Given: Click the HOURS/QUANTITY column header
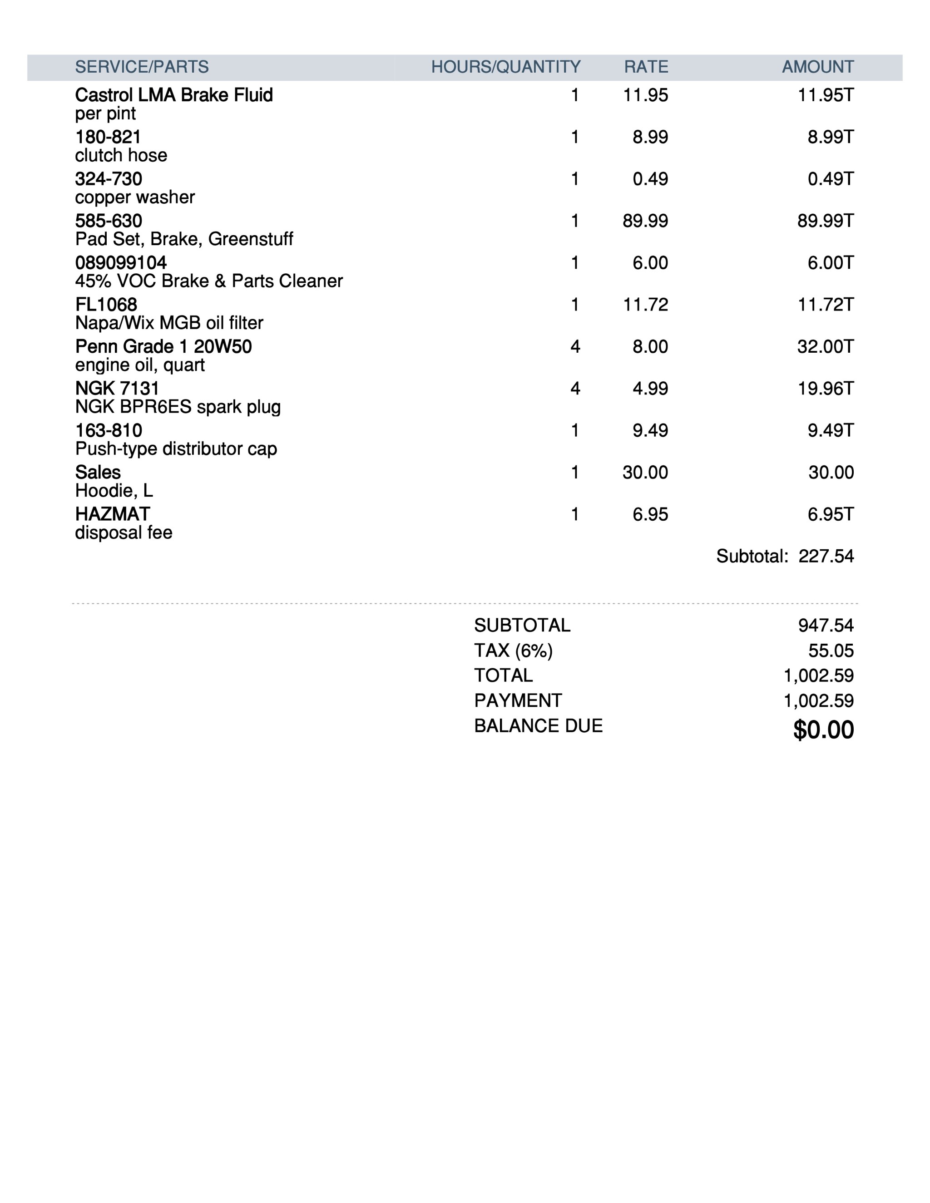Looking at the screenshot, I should [x=505, y=67].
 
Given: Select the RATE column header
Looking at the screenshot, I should [x=646, y=67].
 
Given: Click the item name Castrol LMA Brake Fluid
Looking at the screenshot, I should [x=173, y=95].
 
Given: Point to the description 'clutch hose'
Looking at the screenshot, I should [x=121, y=155].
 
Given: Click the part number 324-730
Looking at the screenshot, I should [x=109, y=178].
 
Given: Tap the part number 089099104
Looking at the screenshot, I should [x=121, y=262].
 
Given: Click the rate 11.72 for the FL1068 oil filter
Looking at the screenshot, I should [x=645, y=304].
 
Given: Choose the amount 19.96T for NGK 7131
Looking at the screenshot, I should [x=825, y=388].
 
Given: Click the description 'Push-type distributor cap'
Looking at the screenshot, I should [x=176, y=449].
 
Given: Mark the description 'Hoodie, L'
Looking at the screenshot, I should [x=114, y=490].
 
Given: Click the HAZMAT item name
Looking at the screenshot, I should [x=113, y=514].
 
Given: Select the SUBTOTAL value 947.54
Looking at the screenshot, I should [x=825, y=625].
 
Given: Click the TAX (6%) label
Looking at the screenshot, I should [x=513, y=651].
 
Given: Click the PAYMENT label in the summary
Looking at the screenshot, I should [x=518, y=700].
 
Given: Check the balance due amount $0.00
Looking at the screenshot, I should [x=823, y=730].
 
